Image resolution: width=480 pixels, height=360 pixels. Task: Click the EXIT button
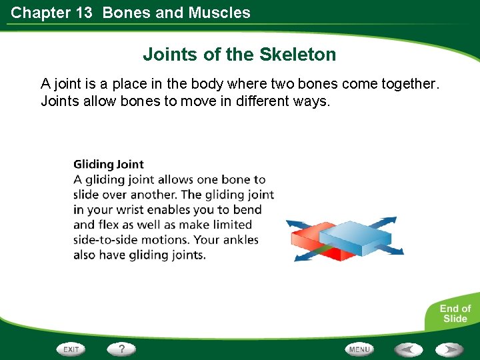click(x=71, y=349)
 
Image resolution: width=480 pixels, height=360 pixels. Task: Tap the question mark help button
click(x=121, y=349)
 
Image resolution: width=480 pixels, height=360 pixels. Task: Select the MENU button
click(x=359, y=349)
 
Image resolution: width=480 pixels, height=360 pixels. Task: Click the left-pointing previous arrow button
click(x=408, y=349)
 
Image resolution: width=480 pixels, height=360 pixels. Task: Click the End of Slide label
click(x=455, y=313)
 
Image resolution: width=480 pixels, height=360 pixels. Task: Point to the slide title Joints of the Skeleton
click(x=239, y=54)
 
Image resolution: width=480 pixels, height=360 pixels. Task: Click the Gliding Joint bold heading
click(x=108, y=164)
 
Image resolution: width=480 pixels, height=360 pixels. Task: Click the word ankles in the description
click(x=236, y=240)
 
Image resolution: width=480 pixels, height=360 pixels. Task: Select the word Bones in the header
click(x=127, y=13)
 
